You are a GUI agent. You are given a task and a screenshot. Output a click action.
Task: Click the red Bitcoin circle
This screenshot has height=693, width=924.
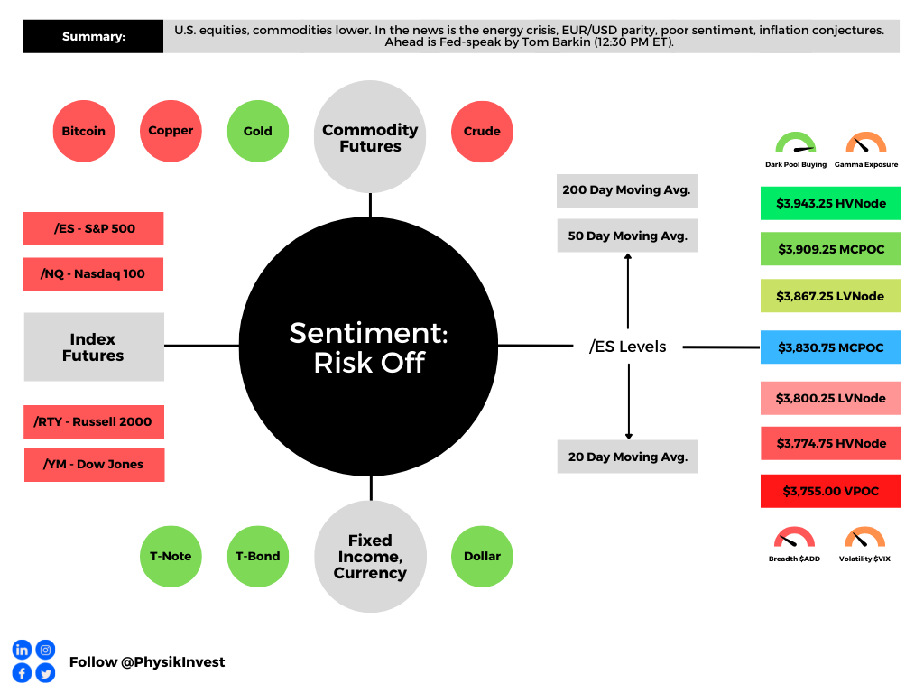click(84, 131)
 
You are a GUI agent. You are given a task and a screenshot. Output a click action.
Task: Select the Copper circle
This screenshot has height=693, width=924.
click(171, 131)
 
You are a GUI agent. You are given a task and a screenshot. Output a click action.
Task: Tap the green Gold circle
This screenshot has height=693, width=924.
click(258, 131)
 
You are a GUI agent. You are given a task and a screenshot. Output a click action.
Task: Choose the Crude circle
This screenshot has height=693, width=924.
click(482, 131)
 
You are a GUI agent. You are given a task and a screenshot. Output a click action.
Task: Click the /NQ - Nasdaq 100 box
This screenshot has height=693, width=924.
click(94, 274)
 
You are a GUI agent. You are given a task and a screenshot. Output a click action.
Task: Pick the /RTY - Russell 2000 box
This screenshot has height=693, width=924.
click(94, 421)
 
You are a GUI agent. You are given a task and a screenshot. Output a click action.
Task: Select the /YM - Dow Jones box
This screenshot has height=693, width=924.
click(94, 465)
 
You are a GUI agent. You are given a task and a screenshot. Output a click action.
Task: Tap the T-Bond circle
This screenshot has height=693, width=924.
click(258, 556)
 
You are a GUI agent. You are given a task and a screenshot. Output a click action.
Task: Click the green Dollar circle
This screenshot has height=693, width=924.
click(482, 556)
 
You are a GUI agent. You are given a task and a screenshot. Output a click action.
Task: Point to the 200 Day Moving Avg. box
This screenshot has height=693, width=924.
click(627, 190)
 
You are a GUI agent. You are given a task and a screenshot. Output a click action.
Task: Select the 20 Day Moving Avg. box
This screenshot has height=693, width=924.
click(627, 457)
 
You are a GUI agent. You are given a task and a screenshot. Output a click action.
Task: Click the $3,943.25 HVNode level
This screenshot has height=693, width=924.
click(830, 203)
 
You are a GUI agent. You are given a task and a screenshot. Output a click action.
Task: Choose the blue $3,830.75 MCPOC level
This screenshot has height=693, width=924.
click(830, 347)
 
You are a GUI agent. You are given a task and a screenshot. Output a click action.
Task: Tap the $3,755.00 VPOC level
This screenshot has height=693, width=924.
click(830, 491)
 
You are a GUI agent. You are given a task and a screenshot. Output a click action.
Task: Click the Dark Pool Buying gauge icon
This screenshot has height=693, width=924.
click(795, 143)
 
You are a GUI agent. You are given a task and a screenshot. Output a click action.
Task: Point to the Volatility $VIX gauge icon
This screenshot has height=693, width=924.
click(864, 539)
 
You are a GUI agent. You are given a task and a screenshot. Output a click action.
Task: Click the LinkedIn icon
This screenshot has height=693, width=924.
click(22, 650)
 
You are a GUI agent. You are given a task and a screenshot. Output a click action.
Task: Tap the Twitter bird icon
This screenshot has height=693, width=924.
click(45, 672)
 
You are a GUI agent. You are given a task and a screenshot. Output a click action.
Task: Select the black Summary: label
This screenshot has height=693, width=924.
click(93, 37)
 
